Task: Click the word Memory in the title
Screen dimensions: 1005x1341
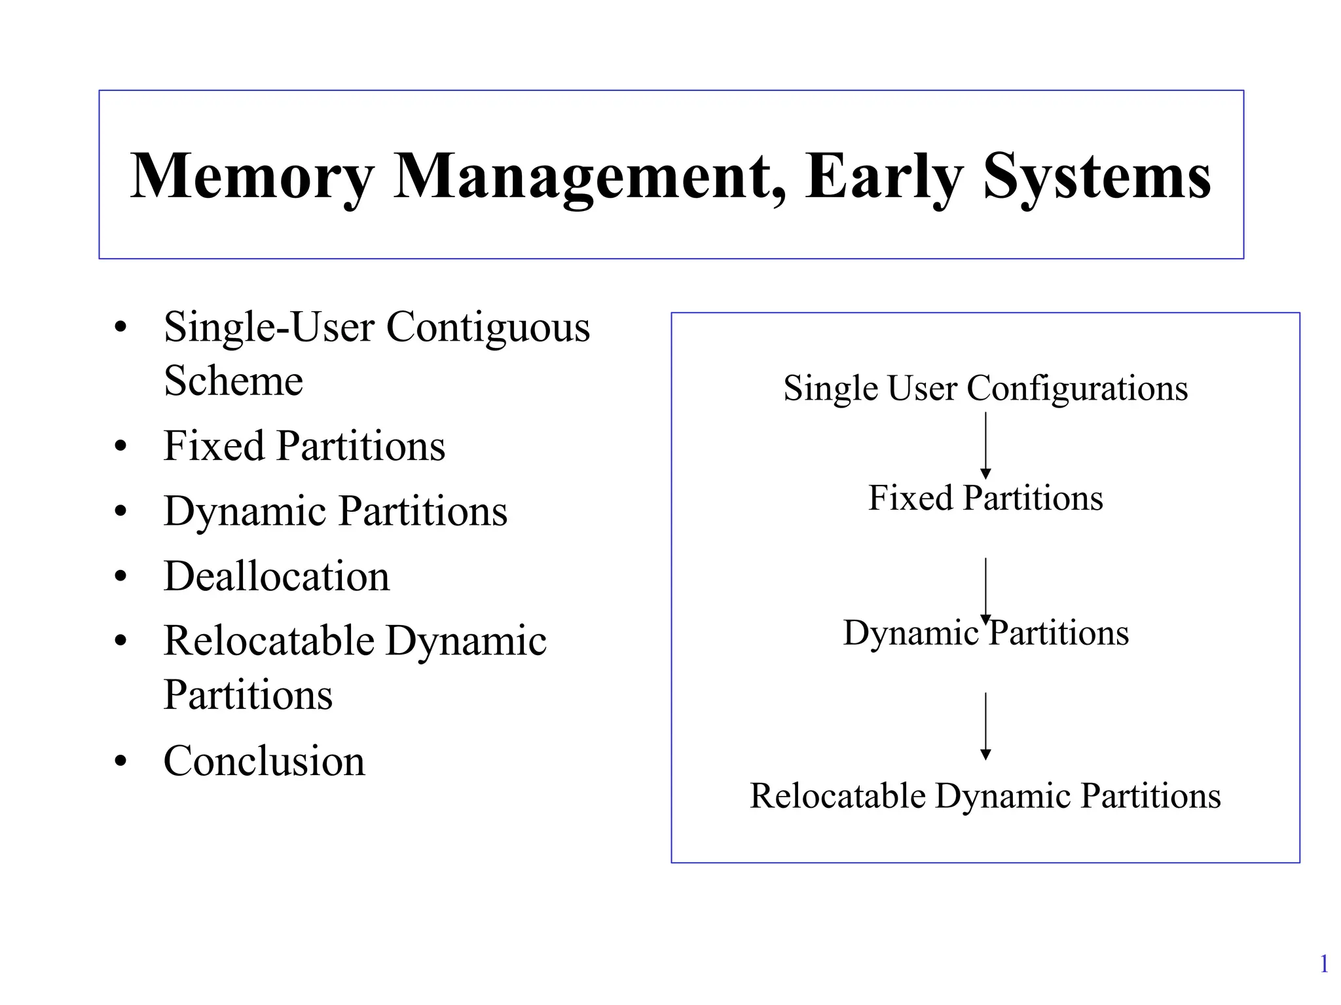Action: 252,177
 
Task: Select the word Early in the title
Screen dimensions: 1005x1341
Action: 884,177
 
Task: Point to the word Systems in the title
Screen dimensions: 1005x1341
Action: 1097,177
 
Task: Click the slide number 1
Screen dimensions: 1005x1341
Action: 1323,964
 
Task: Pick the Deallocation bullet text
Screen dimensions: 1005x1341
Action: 276,577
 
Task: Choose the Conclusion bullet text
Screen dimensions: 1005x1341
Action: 264,761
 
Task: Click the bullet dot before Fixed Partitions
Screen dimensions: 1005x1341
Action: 120,447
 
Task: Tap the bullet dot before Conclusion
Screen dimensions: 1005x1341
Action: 120,762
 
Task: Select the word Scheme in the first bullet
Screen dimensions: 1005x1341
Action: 233,381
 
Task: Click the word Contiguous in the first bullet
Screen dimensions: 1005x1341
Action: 488,327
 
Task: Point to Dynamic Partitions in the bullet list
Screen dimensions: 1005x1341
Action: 335,511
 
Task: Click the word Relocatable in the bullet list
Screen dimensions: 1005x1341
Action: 268,641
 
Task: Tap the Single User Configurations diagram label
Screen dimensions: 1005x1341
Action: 985,388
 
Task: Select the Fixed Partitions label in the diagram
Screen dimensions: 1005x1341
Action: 985,498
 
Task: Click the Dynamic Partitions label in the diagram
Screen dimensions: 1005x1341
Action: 985,633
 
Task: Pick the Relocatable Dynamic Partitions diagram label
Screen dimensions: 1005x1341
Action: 985,796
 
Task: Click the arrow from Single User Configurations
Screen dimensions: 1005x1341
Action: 985,446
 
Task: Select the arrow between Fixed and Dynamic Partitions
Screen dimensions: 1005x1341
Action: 985,590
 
